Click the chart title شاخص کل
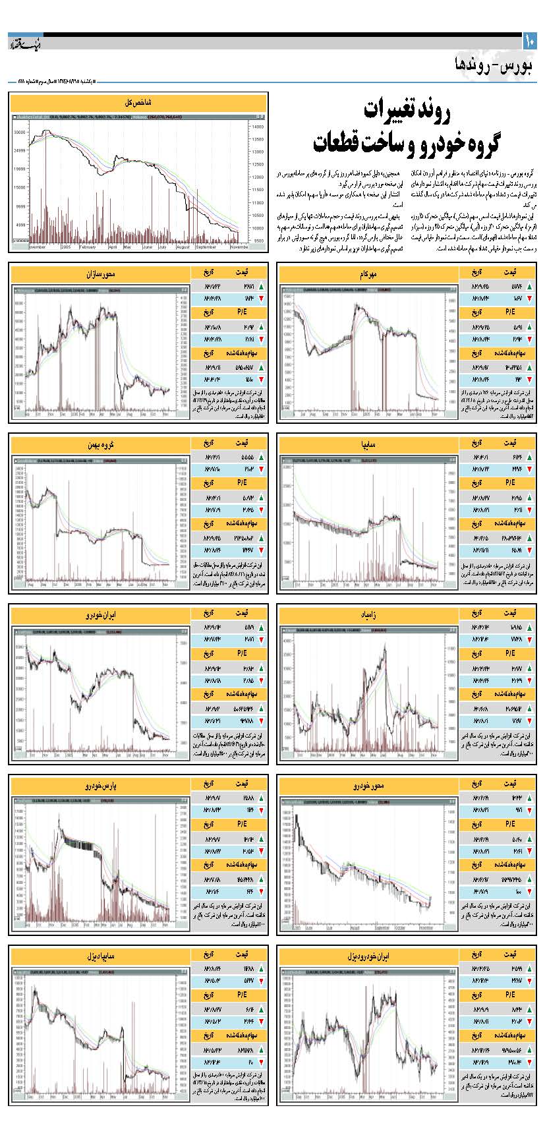(x=138, y=103)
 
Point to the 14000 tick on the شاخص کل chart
(x=257, y=126)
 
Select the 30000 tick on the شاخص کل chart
(x=19, y=132)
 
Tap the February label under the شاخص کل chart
(x=87, y=247)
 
